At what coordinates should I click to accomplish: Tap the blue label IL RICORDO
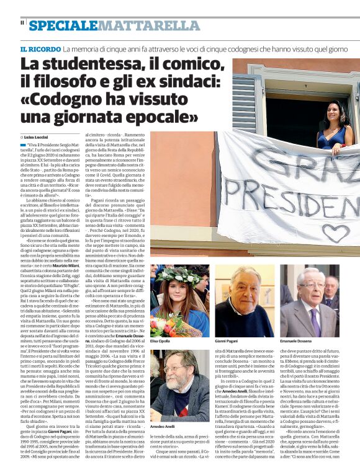coord(39,48)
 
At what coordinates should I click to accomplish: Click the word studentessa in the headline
coord(81,64)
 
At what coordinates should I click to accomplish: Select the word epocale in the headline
coord(153,115)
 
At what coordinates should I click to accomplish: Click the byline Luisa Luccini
coord(37,136)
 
